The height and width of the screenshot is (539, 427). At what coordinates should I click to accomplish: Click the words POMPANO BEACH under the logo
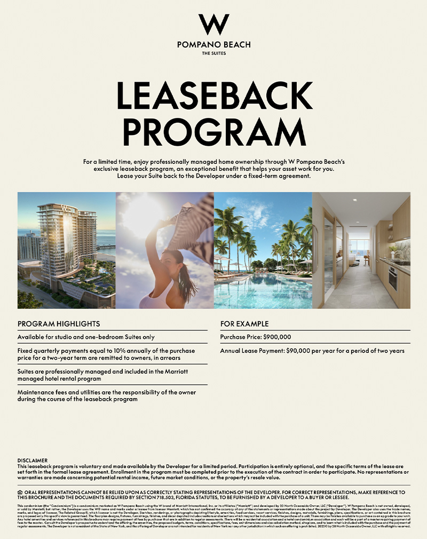213,45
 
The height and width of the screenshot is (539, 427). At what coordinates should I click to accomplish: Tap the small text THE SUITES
213,53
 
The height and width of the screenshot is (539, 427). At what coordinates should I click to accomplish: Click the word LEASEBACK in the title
213,96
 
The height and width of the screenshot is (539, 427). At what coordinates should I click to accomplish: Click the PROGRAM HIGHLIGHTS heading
59,324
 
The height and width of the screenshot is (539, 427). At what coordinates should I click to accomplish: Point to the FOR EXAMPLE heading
244,324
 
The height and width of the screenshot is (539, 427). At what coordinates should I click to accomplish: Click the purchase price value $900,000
277,337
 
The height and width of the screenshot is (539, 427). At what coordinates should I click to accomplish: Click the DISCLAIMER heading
33,460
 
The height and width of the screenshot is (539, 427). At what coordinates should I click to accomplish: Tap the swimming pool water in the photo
262,294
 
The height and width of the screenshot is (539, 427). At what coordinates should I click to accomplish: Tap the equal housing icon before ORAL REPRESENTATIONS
20,492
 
